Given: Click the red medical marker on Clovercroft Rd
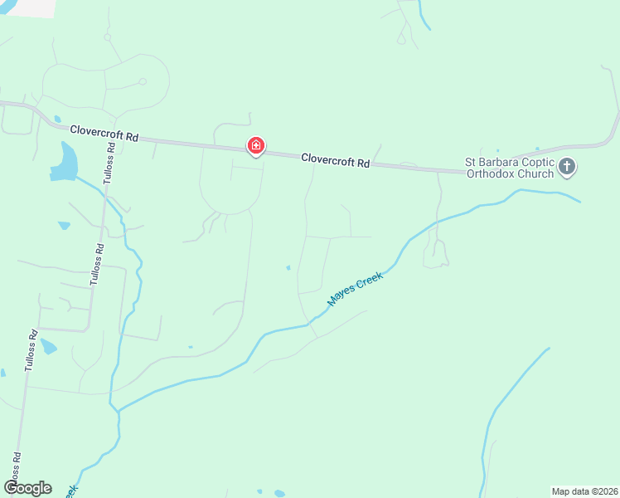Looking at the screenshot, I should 256,147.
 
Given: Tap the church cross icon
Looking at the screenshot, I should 567,167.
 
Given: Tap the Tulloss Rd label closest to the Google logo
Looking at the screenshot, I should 16,469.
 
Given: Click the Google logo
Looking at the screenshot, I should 27,488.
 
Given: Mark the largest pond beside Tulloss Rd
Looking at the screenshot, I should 65,160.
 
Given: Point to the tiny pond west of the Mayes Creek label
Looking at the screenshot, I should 288,267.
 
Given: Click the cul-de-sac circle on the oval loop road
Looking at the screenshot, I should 143,81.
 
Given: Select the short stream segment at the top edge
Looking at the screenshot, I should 424,17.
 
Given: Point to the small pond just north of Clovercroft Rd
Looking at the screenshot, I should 56,119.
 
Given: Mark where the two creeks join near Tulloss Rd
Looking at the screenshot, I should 118,409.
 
